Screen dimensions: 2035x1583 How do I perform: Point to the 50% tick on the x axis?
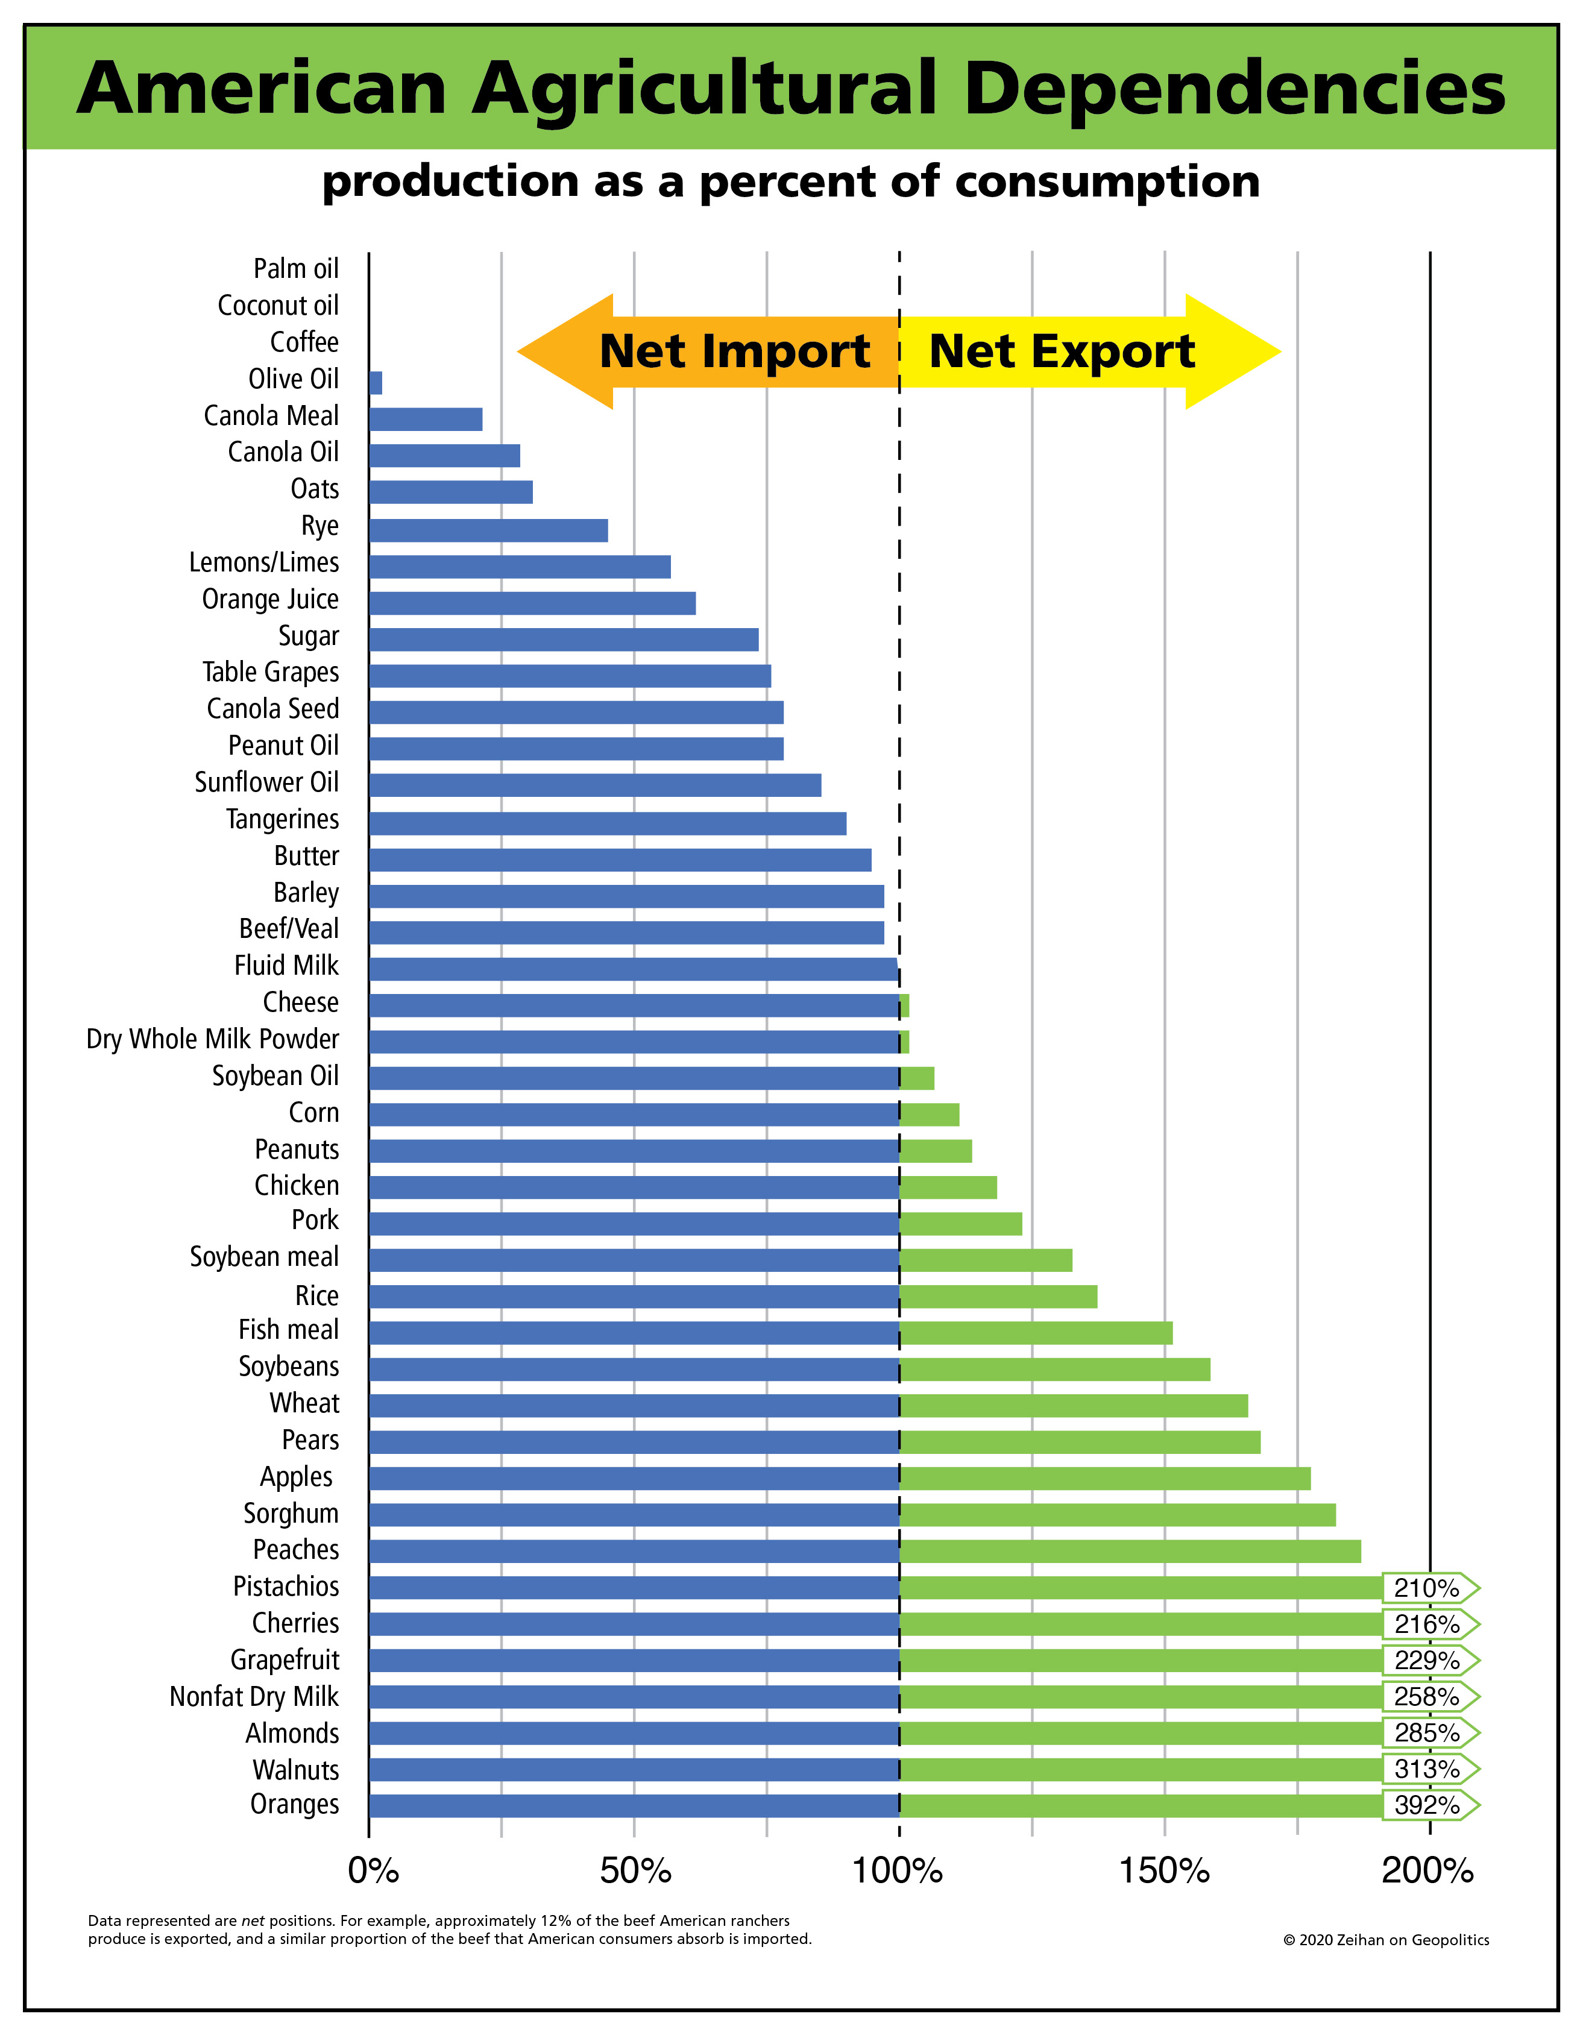(635, 1870)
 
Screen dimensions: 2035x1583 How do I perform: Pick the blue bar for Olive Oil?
(376, 383)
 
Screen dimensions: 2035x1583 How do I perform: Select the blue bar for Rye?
(488, 530)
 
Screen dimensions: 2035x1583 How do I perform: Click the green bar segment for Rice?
(998, 1296)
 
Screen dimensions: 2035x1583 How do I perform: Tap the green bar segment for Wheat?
(1074, 1405)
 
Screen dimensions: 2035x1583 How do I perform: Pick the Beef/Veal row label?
(289, 929)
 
